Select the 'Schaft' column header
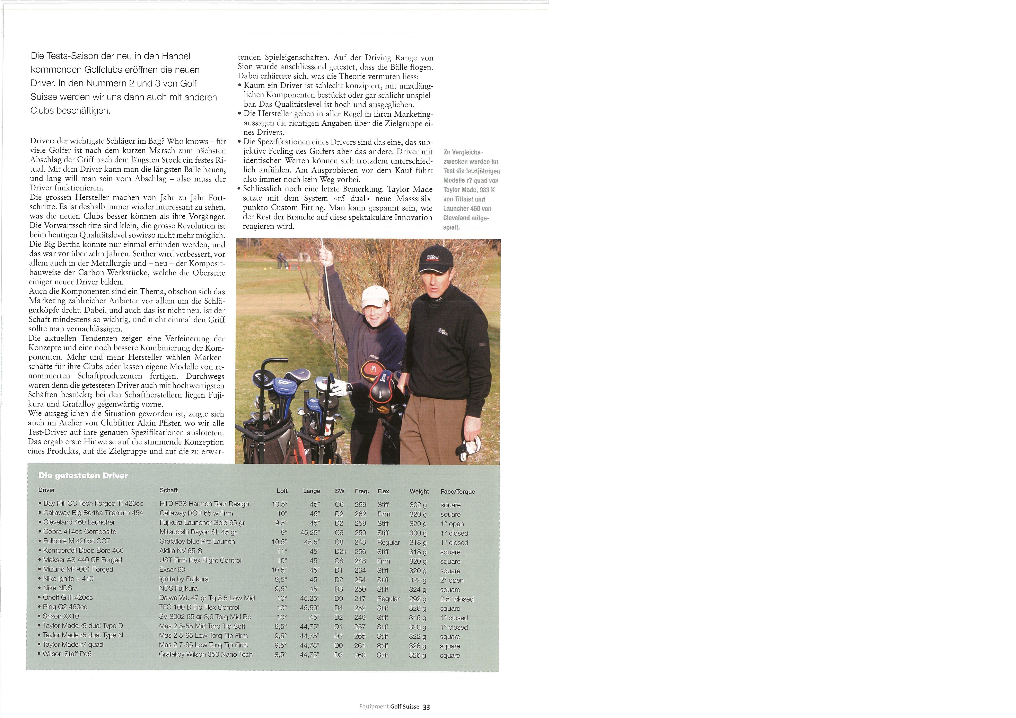click(x=169, y=490)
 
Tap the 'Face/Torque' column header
click(x=458, y=492)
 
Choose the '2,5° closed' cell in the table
click(x=457, y=599)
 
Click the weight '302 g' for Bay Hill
click(x=418, y=505)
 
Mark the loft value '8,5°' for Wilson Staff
click(x=281, y=655)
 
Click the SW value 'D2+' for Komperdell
click(x=341, y=552)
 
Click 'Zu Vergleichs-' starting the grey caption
click(x=463, y=152)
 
